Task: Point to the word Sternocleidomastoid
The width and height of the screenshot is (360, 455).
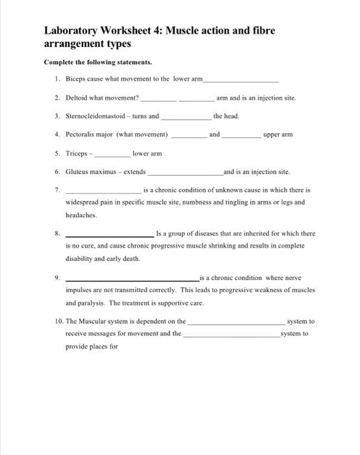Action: point(94,116)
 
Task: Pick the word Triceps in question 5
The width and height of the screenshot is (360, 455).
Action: point(77,154)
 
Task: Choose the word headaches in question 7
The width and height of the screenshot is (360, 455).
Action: point(81,214)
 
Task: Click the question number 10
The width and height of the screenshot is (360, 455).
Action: point(58,321)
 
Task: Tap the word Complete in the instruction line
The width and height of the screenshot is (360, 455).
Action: point(58,62)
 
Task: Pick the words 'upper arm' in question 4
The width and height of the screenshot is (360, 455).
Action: point(277,135)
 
